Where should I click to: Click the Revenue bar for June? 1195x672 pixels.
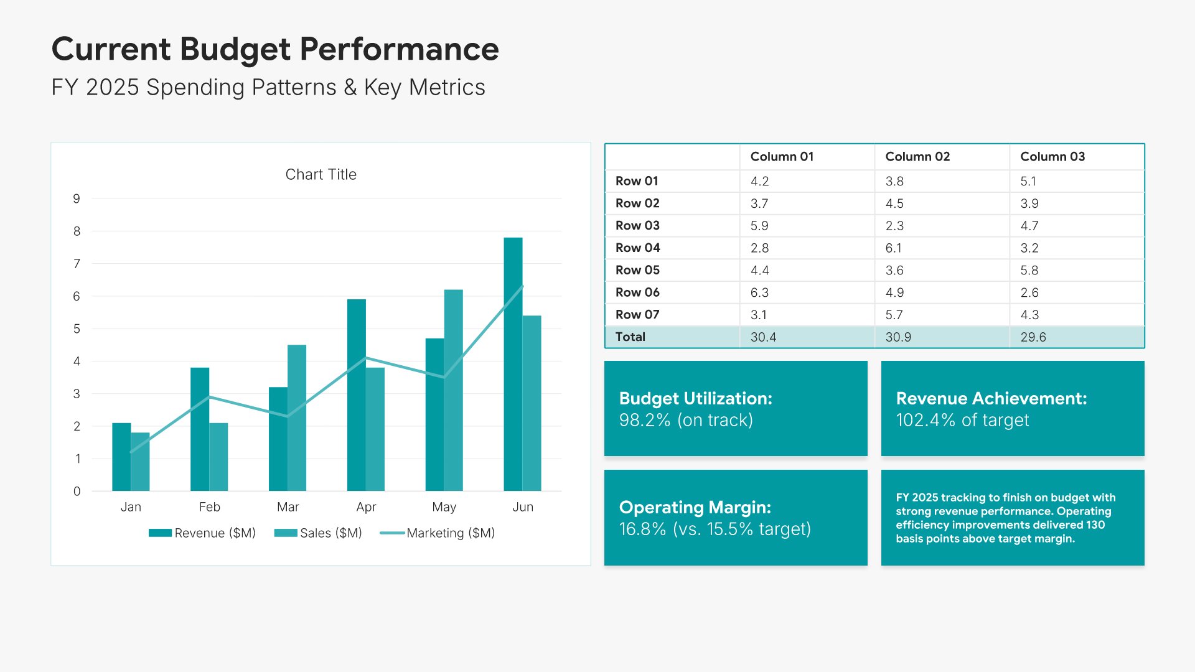coord(513,364)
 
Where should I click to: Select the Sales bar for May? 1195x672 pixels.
coord(454,390)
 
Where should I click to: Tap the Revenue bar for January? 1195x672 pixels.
coord(121,457)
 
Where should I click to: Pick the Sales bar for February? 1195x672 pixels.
coord(218,457)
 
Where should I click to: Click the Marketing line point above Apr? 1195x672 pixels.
coord(366,358)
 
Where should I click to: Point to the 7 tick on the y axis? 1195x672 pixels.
coord(77,264)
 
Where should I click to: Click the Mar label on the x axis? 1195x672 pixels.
coord(288,507)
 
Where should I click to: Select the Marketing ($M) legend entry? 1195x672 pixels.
coord(437,533)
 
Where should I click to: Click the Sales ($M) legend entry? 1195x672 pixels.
coord(318,533)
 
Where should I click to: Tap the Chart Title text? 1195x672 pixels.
coord(321,175)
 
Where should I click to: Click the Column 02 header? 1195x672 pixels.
coord(917,157)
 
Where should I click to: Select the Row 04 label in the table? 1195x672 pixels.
coord(637,248)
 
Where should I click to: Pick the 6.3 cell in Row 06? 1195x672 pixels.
coord(759,292)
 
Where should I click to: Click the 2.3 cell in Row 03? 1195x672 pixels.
coord(894,226)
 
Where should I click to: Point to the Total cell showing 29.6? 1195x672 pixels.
coord(1033,337)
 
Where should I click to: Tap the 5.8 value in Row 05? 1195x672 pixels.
coord(1029,271)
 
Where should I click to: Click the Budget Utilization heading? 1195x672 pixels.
coord(696,399)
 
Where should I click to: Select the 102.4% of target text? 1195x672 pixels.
coord(962,421)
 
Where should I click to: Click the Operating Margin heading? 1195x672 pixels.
coord(695,508)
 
